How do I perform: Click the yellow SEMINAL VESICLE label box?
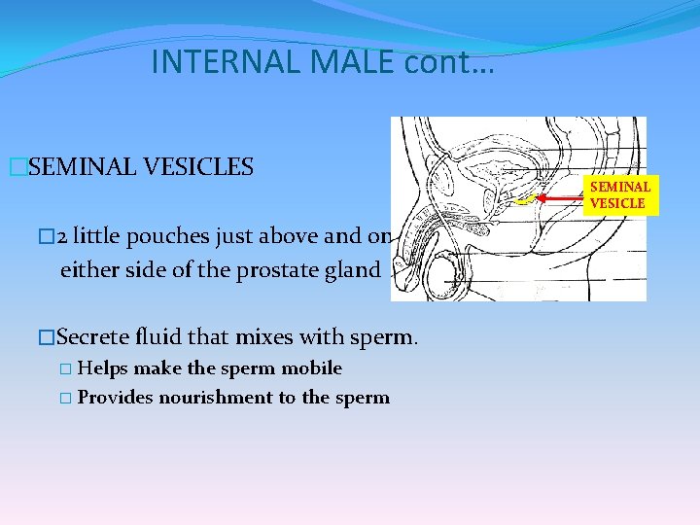tap(619, 194)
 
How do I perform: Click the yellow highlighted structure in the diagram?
tap(525, 201)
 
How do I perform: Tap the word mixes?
tap(274, 337)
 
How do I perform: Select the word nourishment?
tap(210, 398)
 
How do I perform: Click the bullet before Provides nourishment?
tap(65, 398)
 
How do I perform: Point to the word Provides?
tap(116, 398)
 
